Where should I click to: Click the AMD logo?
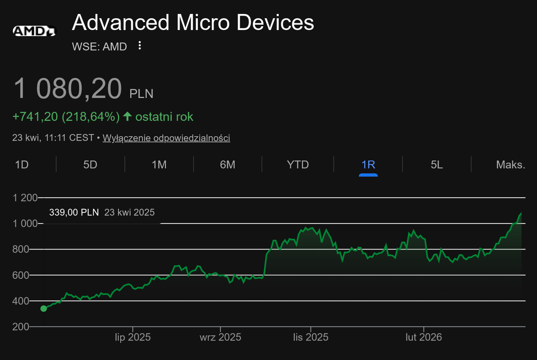tap(35, 31)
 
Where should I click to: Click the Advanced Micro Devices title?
tap(193, 23)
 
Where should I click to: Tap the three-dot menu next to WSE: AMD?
tap(140, 45)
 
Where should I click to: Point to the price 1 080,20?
tap(68, 89)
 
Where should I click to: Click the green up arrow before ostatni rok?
tap(127, 116)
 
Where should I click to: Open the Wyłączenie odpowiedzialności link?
tap(166, 138)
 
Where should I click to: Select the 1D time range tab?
tap(22, 164)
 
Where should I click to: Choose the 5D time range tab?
tap(90, 164)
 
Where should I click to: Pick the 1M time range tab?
tap(159, 164)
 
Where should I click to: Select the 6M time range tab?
tap(228, 164)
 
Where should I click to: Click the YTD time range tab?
tap(298, 164)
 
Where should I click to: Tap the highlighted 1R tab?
tap(368, 164)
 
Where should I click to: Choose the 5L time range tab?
tap(437, 164)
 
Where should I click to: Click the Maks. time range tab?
tap(511, 164)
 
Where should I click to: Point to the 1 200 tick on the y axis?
tap(25, 198)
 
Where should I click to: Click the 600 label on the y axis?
tap(21, 275)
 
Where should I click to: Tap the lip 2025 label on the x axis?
tap(133, 337)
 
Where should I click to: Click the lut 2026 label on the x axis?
tap(424, 337)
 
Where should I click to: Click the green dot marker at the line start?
tap(44, 309)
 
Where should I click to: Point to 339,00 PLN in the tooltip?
tap(74, 212)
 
